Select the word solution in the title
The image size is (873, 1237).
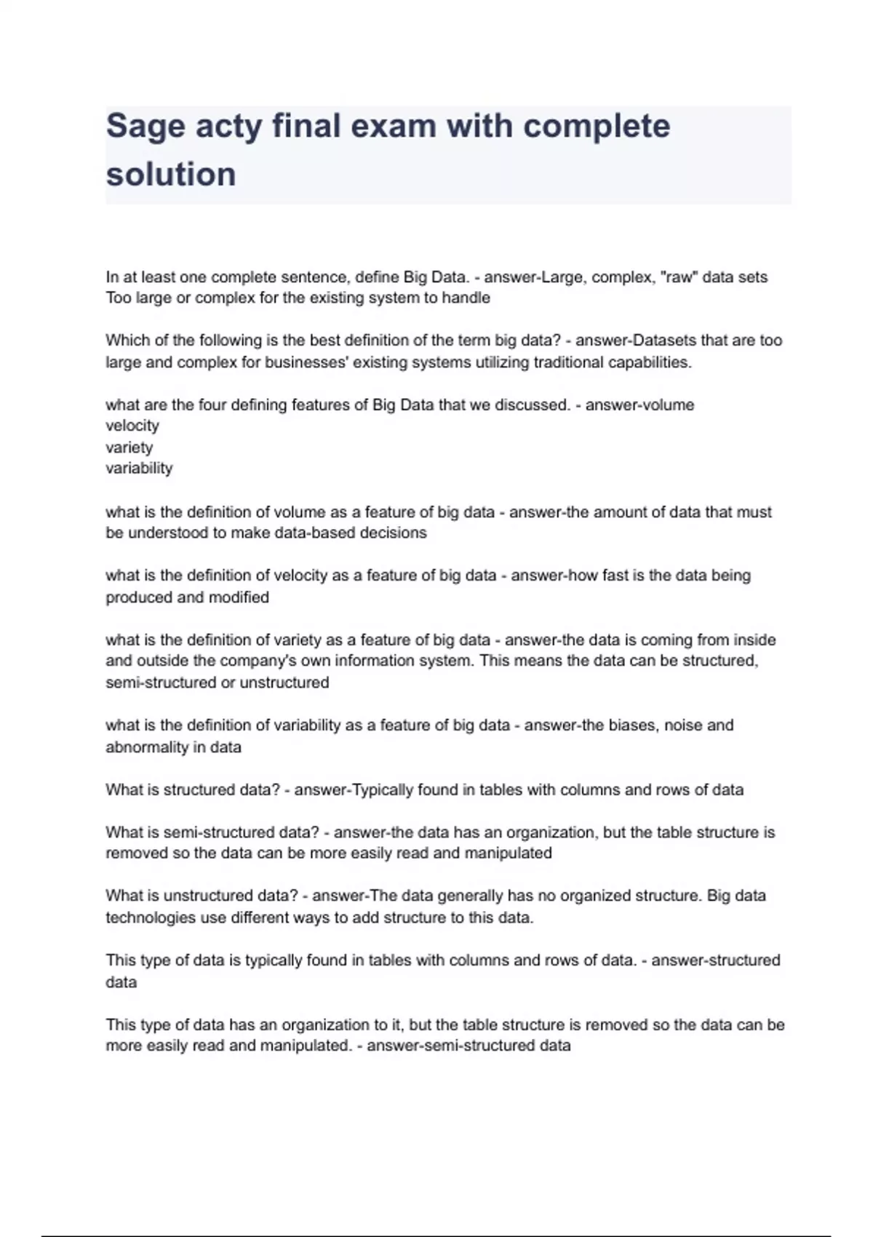(x=171, y=175)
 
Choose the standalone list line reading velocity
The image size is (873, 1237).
(x=132, y=426)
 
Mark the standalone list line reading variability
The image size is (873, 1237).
(x=139, y=469)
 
